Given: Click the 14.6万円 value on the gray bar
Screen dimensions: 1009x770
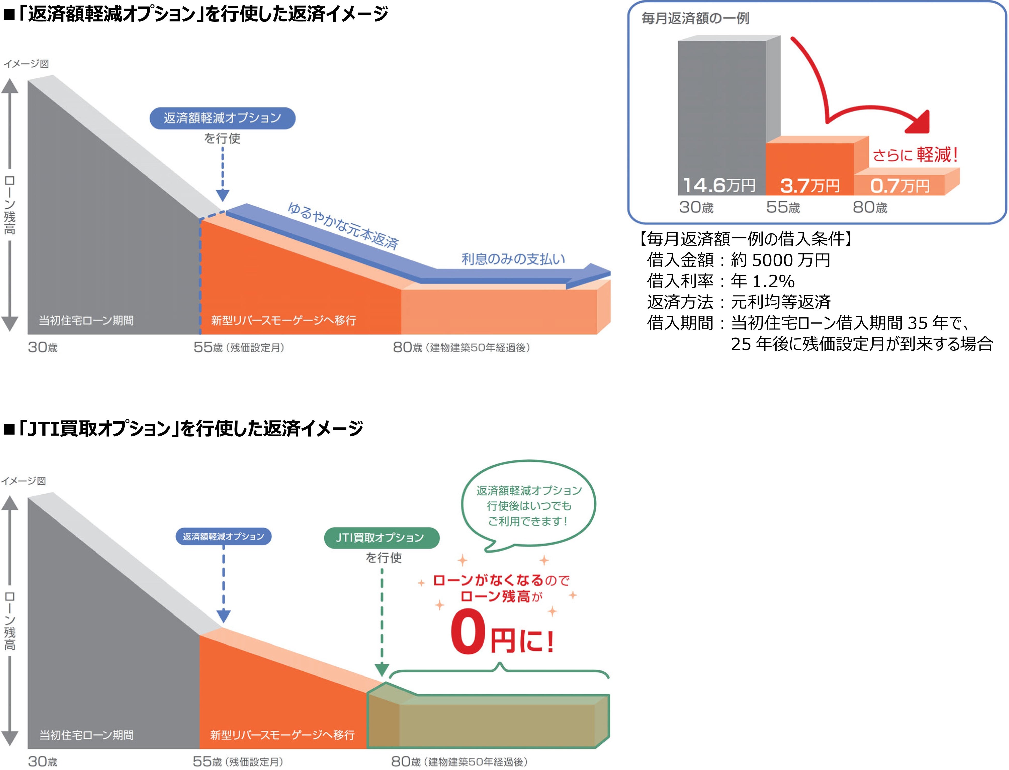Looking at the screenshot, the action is click(719, 185).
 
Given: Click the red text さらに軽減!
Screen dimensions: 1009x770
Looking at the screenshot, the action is click(915, 155).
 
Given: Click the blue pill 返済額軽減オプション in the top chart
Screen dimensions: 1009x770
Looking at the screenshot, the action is click(222, 118).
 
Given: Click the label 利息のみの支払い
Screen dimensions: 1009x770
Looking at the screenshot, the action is click(513, 259).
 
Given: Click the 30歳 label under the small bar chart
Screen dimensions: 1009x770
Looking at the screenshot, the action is click(696, 208).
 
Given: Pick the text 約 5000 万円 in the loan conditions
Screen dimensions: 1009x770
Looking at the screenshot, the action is click(780, 260).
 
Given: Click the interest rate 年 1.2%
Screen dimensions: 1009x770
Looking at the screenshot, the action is click(763, 281).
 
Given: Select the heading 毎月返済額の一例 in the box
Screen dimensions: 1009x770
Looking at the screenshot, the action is click(695, 18).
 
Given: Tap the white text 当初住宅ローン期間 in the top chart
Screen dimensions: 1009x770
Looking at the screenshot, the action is click(86, 320).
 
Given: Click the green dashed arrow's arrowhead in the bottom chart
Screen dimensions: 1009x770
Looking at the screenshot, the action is click(382, 670).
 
